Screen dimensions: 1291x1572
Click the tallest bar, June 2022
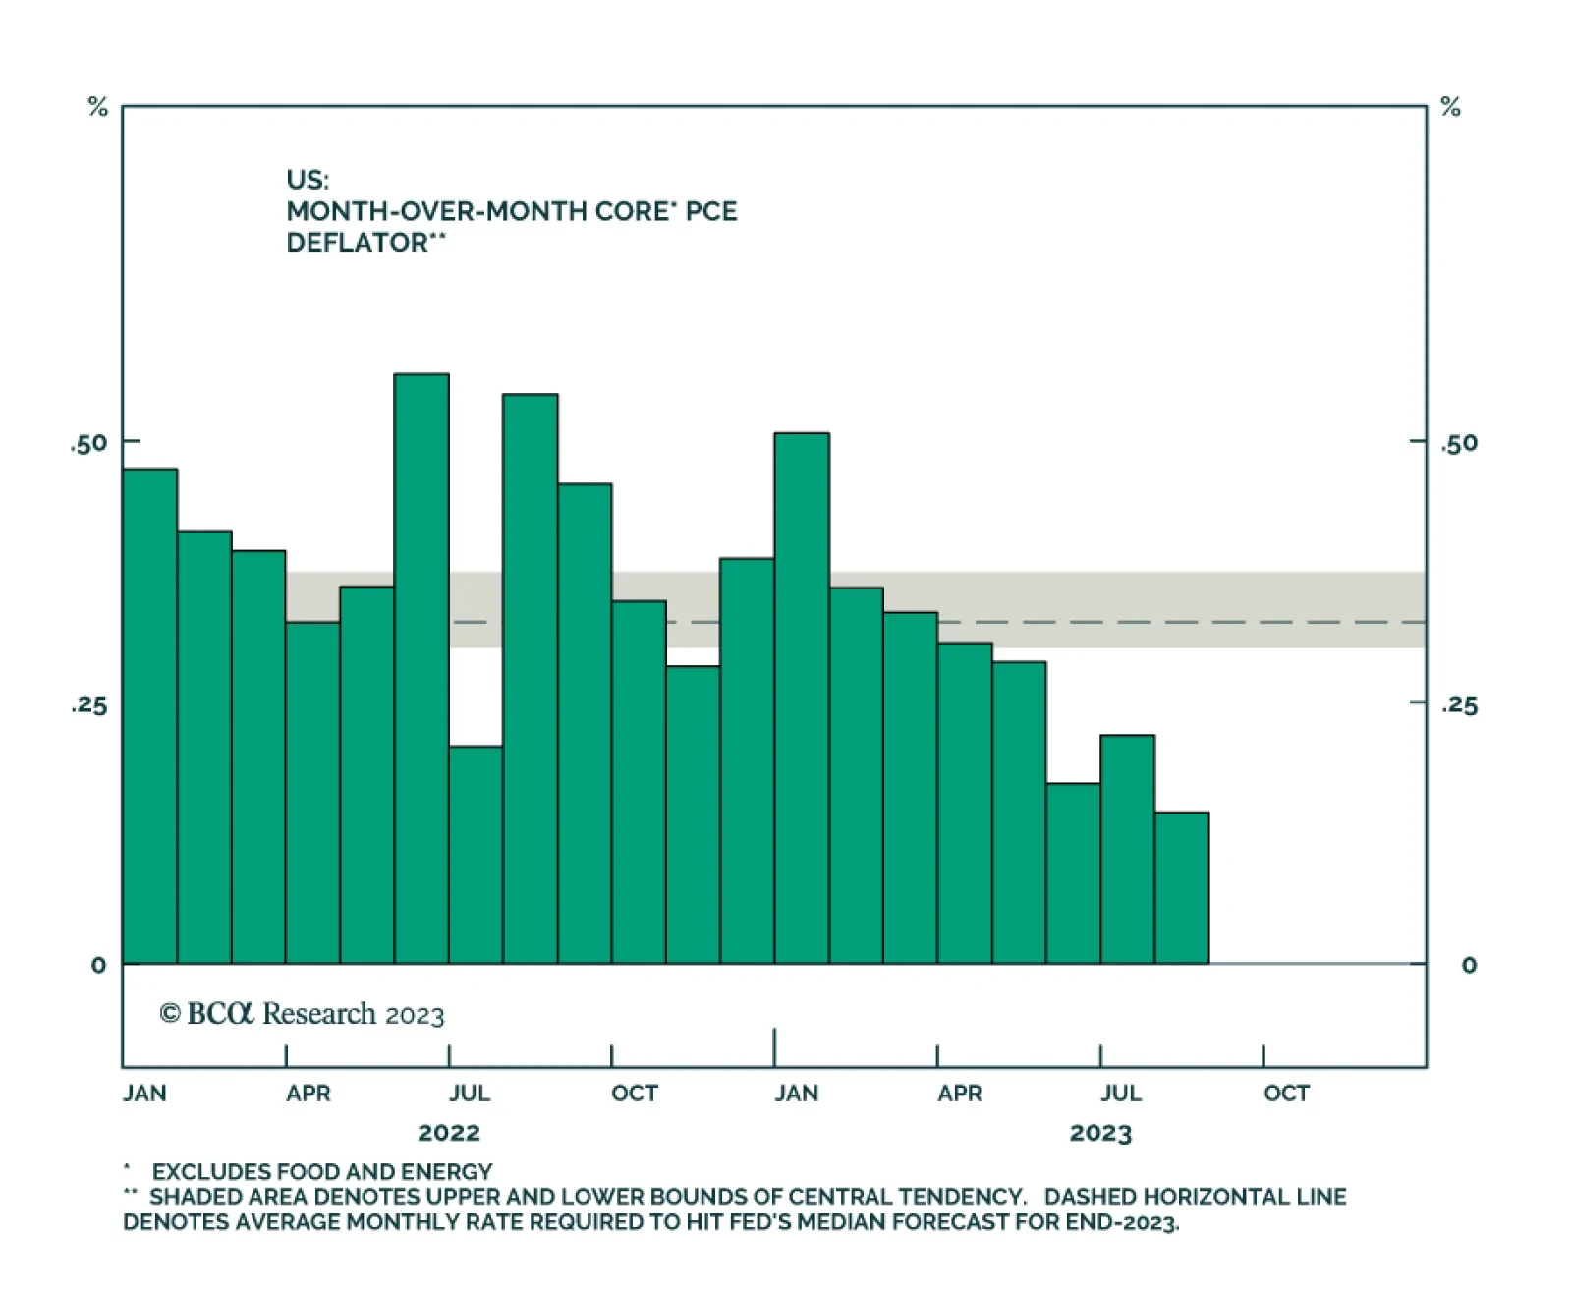[x=421, y=668]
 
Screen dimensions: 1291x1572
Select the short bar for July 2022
[x=476, y=855]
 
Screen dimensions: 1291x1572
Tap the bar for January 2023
[x=802, y=698]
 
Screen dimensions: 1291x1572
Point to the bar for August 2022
[x=531, y=678]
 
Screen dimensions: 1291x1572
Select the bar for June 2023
[x=1073, y=873]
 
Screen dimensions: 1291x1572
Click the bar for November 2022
[x=693, y=814]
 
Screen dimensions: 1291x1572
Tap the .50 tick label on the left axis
[x=88, y=444]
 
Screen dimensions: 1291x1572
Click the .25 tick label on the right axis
[x=1459, y=705]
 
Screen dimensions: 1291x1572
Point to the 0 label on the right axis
[x=1469, y=965]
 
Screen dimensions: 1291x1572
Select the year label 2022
[x=449, y=1133]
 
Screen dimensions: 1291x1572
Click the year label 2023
[x=1100, y=1133]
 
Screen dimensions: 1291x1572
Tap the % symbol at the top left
[x=98, y=107]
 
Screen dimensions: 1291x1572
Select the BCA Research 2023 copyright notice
[x=302, y=1014]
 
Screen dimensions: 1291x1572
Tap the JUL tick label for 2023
[x=1121, y=1093]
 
